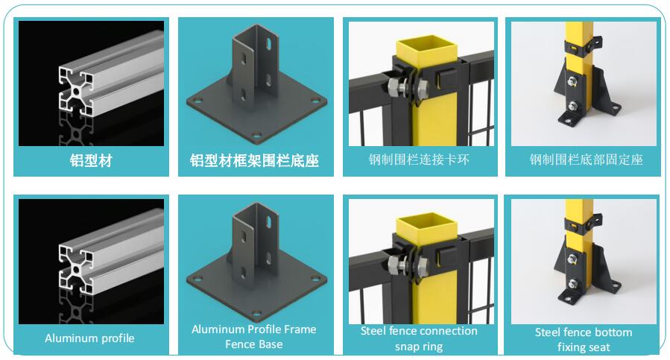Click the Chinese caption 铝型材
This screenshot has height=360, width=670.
point(91,161)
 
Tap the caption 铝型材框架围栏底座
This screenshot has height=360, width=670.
point(255,161)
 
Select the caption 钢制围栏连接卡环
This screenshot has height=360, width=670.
point(419,160)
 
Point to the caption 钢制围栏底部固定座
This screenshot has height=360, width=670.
point(587,160)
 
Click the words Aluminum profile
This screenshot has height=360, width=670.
point(89,338)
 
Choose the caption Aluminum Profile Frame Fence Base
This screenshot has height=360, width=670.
point(254,336)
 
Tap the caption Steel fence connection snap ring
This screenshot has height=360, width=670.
point(419,338)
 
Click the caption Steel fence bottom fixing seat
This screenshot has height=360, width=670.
point(584,339)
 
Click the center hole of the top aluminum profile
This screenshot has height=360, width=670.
point(76,92)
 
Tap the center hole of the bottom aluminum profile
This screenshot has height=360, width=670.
point(76,269)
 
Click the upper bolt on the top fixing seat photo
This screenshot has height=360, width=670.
point(572,81)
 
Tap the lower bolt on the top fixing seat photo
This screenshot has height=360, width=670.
point(573,106)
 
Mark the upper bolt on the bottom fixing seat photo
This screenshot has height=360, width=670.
point(572,259)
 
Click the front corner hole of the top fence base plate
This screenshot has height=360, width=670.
point(256,136)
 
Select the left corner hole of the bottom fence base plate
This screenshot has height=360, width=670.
point(197,280)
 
